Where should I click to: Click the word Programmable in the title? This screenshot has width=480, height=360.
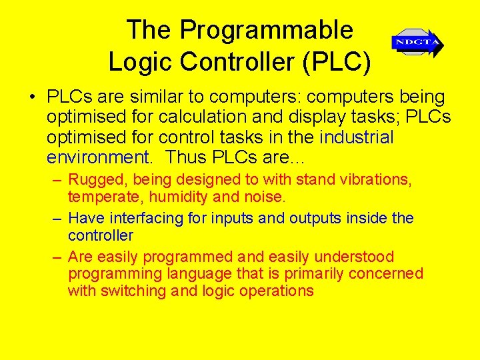[266, 31]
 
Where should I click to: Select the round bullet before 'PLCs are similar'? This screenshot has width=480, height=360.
[32, 97]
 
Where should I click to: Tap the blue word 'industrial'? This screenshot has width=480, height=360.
[357, 137]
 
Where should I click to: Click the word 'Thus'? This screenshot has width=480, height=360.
[186, 157]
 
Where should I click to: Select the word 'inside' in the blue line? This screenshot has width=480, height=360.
[364, 218]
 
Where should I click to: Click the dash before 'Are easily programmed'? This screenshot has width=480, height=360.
[58, 257]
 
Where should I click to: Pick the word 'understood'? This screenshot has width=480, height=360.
[354, 257]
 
